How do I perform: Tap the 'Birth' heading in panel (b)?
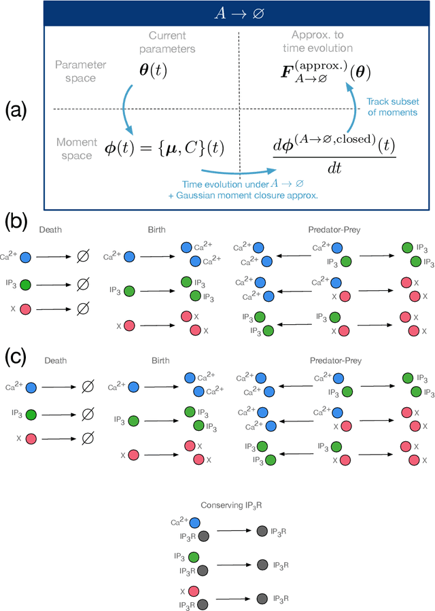(158, 229)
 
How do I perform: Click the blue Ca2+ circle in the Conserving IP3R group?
(194, 523)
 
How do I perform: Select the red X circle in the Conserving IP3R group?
(194, 592)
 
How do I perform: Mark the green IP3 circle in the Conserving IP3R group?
(194, 557)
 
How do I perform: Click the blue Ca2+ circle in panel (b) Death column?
(25, 258)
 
